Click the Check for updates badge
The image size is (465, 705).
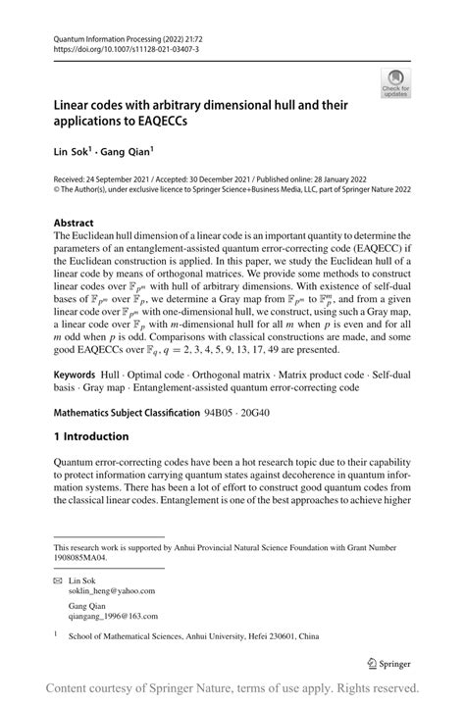click(396, 81)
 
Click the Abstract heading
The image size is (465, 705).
click(74, 223)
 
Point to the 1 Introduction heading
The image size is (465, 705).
click(91, 435)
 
